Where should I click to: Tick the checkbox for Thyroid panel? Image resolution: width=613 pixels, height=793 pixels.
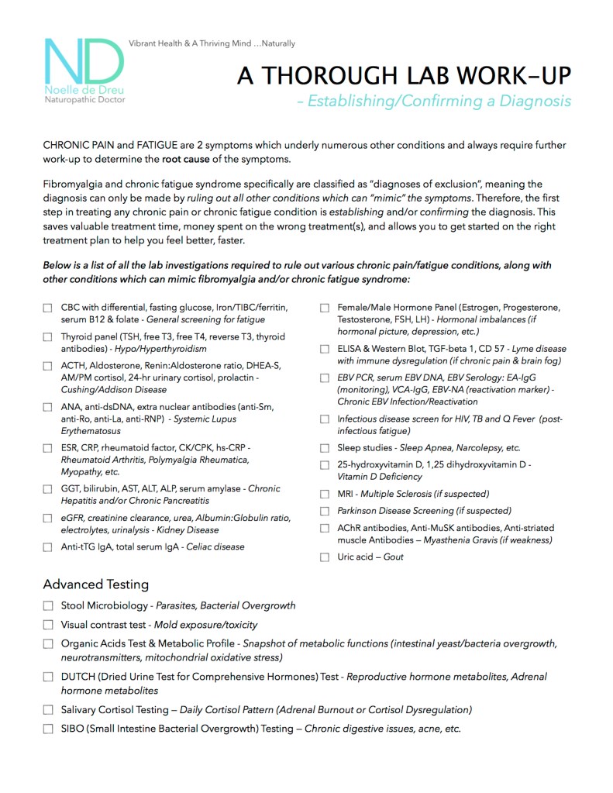click(x=47, y=337)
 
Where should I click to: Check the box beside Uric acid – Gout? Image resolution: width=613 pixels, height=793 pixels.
click(x=325, y=557)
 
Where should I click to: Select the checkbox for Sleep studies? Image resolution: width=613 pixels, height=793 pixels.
click(x=325, y=448)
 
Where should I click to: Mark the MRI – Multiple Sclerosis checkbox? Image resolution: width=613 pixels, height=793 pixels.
click(x=325, y=494)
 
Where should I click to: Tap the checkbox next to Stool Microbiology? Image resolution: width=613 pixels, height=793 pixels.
click(x=48, y=605)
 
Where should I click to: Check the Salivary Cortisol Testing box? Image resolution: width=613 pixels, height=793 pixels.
click(x=48, y=709)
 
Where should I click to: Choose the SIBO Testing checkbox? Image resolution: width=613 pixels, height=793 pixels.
click(x=48, y=729)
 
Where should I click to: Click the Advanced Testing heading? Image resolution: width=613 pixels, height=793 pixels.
click(x=96, y=584)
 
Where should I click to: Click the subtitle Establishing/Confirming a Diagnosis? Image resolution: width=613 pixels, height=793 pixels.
click(x=439, y=102)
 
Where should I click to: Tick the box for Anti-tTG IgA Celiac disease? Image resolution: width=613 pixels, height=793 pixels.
click(x=47, y=547)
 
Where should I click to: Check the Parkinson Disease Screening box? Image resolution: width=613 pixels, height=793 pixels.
click(x=325, y=511)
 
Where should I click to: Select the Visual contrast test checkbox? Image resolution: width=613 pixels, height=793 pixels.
click(x=48, y=625)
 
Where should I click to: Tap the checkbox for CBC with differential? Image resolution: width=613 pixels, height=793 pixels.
click(x=47, y=309)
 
